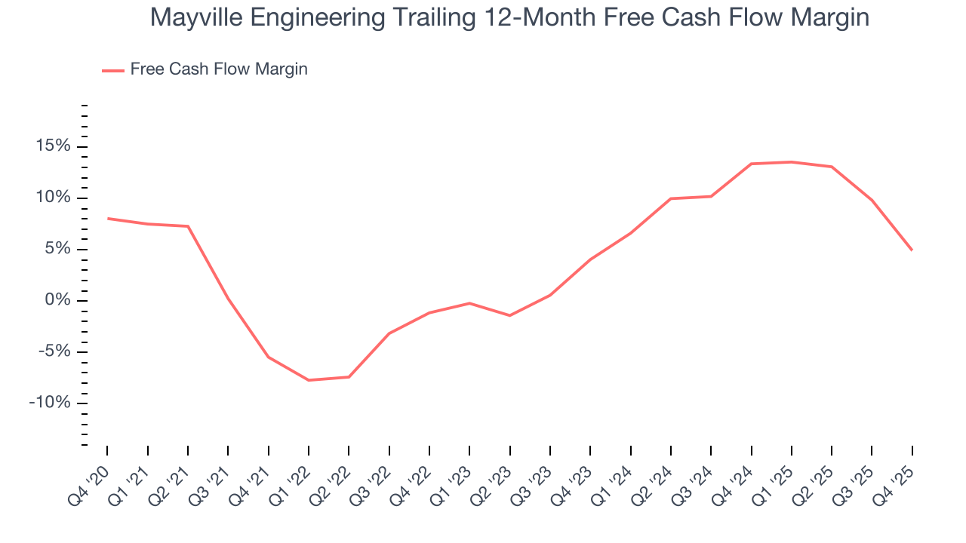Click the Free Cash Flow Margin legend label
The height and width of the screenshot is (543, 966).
219,69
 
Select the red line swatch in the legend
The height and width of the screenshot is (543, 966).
113,70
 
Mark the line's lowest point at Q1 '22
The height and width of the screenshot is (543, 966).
309,380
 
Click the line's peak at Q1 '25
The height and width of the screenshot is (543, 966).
792,162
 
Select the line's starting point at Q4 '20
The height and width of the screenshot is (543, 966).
107,219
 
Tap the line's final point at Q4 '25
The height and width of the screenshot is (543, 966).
912,250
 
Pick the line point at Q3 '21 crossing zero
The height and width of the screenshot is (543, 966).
228,299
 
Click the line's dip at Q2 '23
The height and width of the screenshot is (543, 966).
510,315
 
